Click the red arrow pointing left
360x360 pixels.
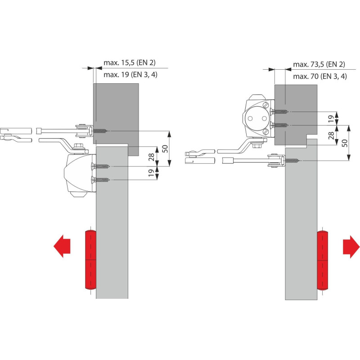pos(62,246)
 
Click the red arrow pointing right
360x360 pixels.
pos(351,247)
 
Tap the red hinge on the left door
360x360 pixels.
pos(91,260)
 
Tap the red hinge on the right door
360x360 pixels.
pos(322,260)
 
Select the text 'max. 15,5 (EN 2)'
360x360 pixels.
pos(130,63)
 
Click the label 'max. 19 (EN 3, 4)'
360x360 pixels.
pos(130,75)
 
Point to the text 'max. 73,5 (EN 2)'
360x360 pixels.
pos(319,64)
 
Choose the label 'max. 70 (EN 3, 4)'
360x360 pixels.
pos(320,76)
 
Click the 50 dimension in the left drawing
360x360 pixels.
pos(165,148)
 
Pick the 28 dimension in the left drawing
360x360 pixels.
pos(152,157)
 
